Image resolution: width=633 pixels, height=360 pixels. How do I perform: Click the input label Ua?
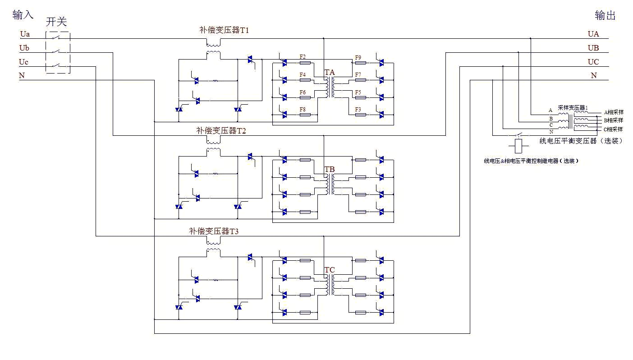click(25, 34)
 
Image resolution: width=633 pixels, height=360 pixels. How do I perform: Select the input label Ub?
click(25, 48)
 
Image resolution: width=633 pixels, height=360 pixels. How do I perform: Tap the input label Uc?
click(24, 62)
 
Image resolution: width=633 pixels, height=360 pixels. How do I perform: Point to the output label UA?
click(593, 34)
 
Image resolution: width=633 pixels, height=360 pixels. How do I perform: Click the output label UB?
click(593, 48)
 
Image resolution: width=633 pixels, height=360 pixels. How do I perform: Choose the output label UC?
click(593, 62)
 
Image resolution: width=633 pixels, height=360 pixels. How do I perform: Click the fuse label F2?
click(303, 57)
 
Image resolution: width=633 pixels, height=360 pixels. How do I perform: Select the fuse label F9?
click(358, 58)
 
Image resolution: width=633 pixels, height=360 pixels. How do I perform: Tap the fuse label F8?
click(303, 109)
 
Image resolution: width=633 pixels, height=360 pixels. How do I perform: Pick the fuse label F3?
click(358, 110)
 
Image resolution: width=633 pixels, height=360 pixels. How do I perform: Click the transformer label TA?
click(330, 72)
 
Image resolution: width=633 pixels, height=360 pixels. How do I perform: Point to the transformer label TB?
click(330, 169)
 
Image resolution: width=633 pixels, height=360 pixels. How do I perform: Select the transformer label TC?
click(330, 270)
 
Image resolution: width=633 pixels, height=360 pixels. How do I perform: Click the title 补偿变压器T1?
click(224, 30)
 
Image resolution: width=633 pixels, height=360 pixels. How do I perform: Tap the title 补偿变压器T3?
click(214, 231)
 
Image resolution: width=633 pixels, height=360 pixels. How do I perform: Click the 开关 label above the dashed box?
click(56, 22)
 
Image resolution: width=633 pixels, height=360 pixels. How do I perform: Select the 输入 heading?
click(23, 15)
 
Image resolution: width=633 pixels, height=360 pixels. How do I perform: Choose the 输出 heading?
click(605, 16)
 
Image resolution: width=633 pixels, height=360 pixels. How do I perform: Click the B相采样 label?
click(614, 120)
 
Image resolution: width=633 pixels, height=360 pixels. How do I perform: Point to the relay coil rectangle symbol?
click(518, 145)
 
